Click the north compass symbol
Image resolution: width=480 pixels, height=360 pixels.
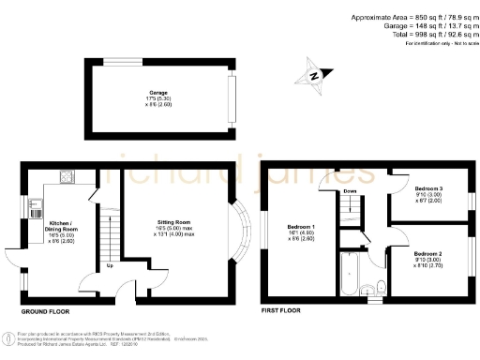point(315,74)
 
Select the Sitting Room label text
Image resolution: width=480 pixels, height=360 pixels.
point(174,228)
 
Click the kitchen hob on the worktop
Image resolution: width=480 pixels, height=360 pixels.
point(67,177)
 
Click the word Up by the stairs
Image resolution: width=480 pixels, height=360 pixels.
point(111,265)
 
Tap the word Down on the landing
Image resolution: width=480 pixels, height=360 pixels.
point(350,191)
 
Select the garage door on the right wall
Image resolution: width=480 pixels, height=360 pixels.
point(231,98)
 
